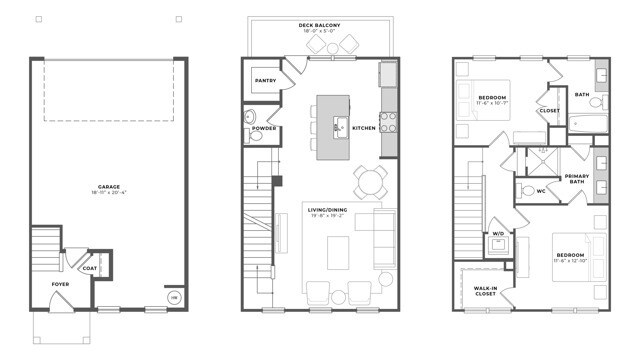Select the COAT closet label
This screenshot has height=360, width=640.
click(x=90, y=267)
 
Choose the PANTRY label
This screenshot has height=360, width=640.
click(x=265, y=80)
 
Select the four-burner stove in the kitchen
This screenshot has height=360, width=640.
click(x=388, y=121)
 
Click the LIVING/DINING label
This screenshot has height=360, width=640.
click(x=328, y=210)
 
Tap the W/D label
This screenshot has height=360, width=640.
click(x=497, y=235)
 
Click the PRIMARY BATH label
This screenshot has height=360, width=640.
click(x=577, y=178)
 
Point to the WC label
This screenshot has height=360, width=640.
click(x=541, y=190)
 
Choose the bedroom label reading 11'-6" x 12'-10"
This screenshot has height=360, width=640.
click(x=570, y=257)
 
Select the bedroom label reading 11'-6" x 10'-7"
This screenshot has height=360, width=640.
click(x=484, y=101)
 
